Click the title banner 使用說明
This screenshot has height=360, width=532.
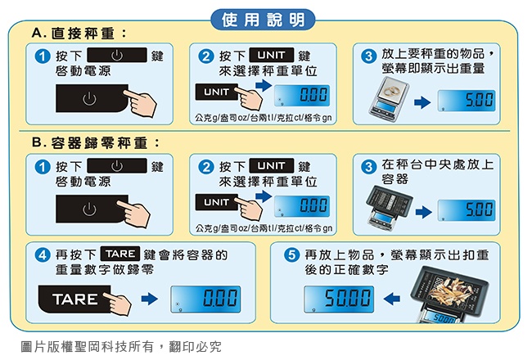click(x=263, y=20)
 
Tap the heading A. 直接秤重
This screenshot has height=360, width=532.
click(x=79, y=34)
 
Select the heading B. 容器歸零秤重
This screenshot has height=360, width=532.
click(x=96, y=143)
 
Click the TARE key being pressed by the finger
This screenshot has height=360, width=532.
click(x=74, y=299)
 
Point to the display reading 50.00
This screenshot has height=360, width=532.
click(x=339, y=299)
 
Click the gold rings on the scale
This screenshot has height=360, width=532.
click(x=391, y=90)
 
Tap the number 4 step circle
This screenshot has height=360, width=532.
click(x=43, y=254)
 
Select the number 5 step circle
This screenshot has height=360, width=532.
click(x=291, y=254)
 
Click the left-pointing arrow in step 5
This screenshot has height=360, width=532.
click(x=391, y=299)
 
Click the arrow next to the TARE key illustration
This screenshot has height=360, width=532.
click(x=150, y=299)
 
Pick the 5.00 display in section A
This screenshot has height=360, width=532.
click(x=467, y=101)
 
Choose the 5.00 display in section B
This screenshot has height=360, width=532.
click(x=467, y=210)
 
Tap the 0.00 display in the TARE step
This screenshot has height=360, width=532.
click(x=205, y=299)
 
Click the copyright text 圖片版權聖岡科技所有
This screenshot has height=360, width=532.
click(x=88, y=346)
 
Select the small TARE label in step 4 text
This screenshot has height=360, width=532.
click(x=120, y=254)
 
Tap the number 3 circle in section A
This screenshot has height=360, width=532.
click(x=369, y=56)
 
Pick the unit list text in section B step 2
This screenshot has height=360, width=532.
click(x=264, y=228)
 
